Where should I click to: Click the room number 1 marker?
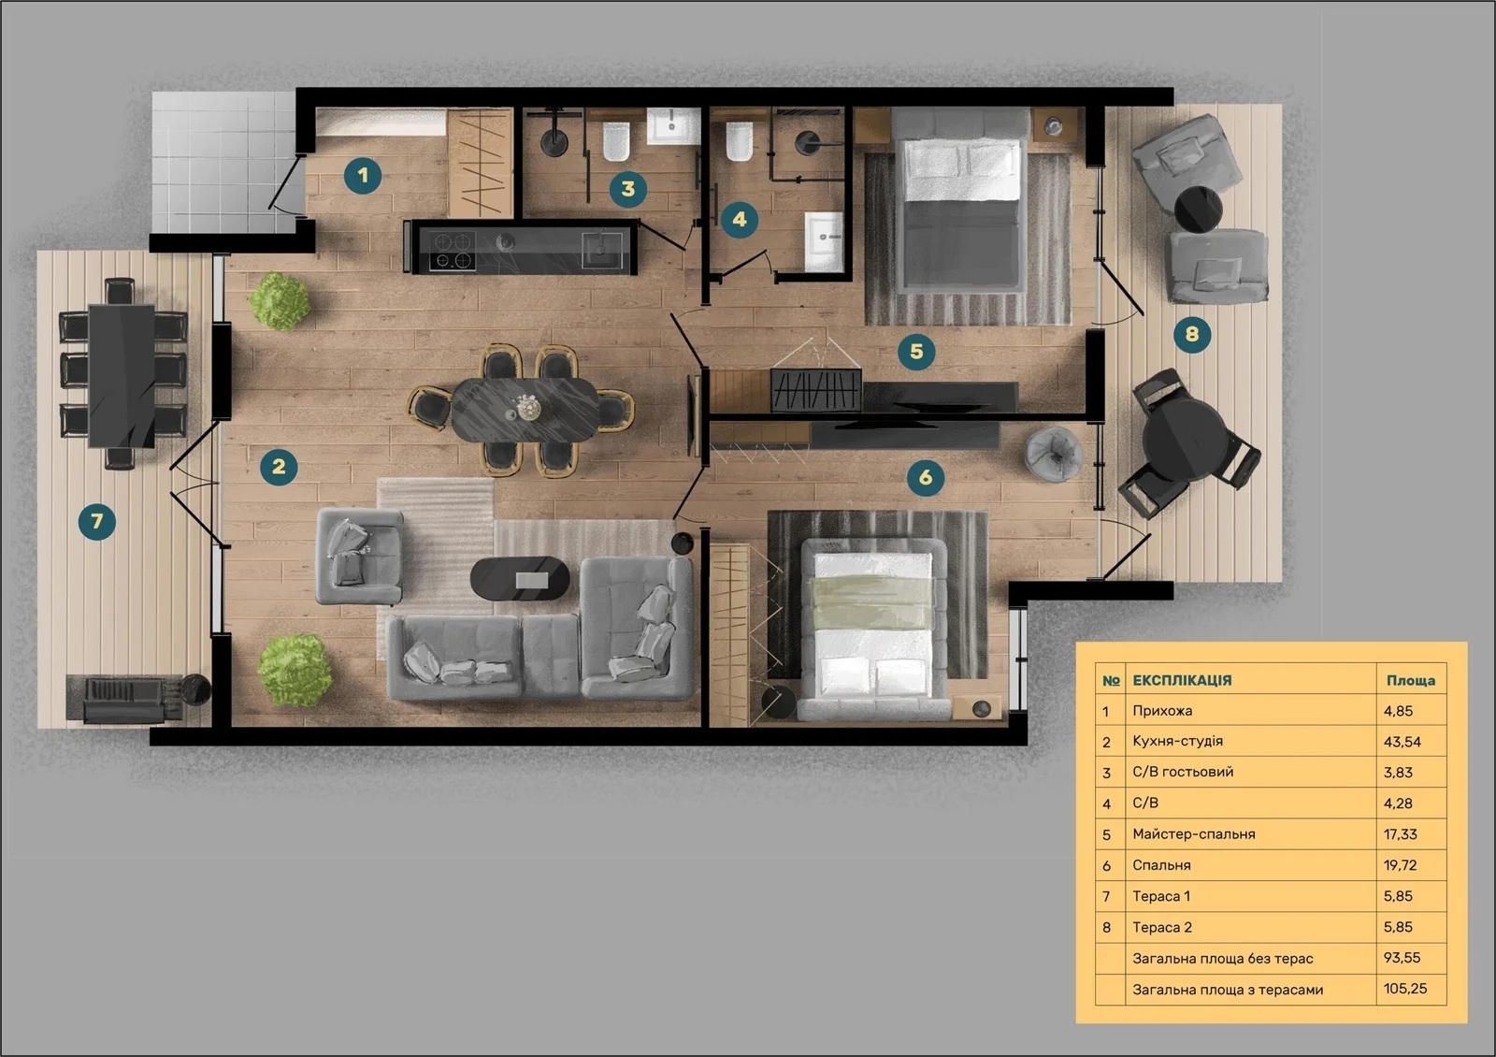(x=363, y=176)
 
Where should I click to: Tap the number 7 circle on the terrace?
(x=97, y=521)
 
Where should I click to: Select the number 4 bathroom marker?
(x=740, y=219)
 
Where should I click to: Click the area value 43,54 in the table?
(x=1402, y=742)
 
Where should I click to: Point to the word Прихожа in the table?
(x=1162, y=711)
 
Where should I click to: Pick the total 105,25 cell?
(x=1405, y=989)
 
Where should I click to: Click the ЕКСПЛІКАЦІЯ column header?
(x=1182, y=680)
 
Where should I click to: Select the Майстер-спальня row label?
(x=1193, y=834)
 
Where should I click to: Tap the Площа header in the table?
(x=1411, y=680)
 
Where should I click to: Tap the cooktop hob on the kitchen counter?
(x=453, y=251)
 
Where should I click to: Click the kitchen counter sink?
(x=602, y=250)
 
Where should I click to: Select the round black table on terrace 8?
(x=1198, y=209)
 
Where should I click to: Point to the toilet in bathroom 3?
(x=616, y=141)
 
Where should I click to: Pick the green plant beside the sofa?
(x=295, y=670)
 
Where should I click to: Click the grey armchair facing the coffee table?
(x=359, y=557)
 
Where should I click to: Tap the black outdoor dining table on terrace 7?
(x=122, y=375)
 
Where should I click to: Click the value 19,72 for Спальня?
(x=1400, y=865)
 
